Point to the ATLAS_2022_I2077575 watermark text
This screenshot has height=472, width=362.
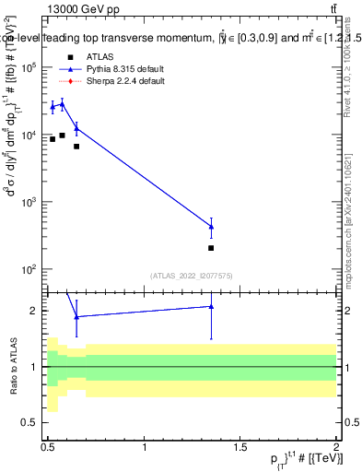click(192, 275)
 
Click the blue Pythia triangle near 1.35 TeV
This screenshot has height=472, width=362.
click(212, 227)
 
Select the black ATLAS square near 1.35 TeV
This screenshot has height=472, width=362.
click(212, 248)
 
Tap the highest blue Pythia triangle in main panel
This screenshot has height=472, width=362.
click(62, 104)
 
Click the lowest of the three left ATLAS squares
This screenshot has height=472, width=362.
click(76, 147)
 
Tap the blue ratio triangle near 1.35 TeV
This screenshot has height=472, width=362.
click(212, 306)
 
